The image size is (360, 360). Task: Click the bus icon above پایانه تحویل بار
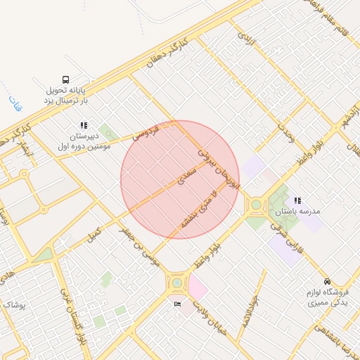65,80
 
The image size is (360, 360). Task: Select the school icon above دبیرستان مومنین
84,126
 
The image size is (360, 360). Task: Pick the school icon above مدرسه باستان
297,201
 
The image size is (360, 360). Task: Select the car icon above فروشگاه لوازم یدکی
327,279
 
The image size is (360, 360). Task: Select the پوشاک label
13,304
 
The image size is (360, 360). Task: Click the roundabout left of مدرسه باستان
256,206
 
